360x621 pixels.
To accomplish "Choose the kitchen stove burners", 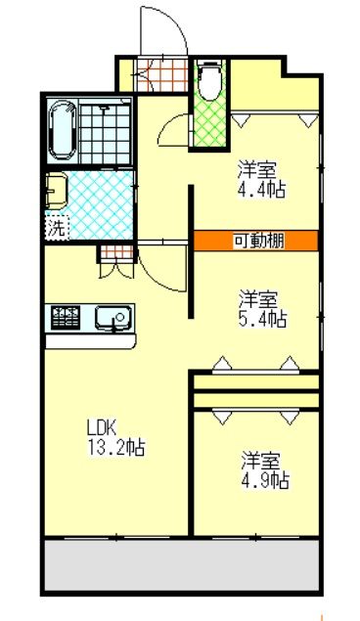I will [x=66, y=317].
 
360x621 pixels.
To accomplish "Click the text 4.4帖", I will [x=261, y=189].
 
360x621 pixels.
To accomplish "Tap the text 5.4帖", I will [x=261, y=319].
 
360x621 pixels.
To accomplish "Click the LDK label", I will [x=102, y=428].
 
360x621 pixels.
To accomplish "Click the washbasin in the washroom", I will [x=55, y=189].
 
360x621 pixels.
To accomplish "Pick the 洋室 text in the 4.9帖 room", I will [x=261, y=459].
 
